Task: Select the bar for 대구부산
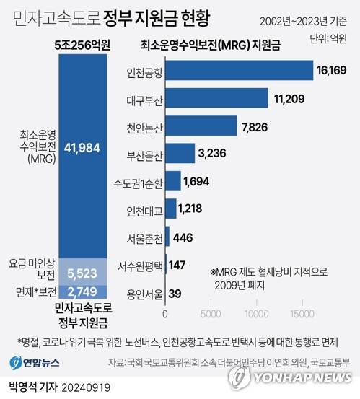(x=216, y=99)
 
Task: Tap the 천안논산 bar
(x=201, y=126)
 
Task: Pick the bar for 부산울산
(x=180, y=153)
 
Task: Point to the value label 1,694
(x=197, y=181)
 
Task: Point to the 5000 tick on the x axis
(x=211, y=315)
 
